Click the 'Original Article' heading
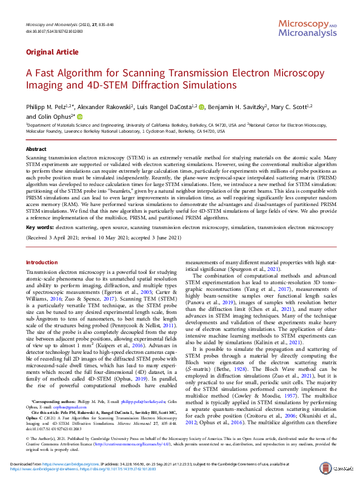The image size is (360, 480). [52, 53]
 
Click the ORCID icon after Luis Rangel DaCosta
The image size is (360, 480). [202, 107]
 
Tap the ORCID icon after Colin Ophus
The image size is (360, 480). [79, 116]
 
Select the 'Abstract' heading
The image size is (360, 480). [36, 148]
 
